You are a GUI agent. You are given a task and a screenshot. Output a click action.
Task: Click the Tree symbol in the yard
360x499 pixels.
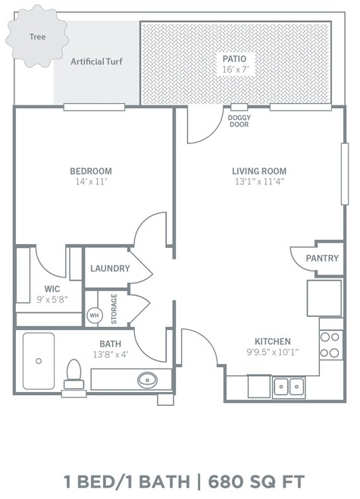[x=37, y=36]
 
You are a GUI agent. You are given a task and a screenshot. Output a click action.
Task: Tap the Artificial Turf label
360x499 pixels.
[x=96, y=61]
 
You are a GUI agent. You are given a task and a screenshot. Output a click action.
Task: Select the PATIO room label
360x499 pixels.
[x=234, y=59]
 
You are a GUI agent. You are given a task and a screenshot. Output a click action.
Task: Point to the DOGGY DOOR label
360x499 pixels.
[x=239, y=121]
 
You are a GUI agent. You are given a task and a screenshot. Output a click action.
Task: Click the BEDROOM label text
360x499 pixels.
[x=91, y=171]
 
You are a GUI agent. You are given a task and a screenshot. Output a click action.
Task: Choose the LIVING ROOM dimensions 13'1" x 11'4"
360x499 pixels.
[x=259, y=182]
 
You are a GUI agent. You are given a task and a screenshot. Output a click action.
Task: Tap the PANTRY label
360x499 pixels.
[x=322, y=258]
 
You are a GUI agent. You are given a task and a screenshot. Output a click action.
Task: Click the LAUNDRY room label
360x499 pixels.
[x=110, y=268]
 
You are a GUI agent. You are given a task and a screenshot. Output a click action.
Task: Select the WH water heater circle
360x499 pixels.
[x=95, y=315]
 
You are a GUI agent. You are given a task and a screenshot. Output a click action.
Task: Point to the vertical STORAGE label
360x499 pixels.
[x=114, y=309]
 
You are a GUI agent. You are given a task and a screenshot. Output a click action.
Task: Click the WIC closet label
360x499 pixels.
[x=52, y=289]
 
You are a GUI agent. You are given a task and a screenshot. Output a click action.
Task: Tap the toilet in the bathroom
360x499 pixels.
[x=74, y=374]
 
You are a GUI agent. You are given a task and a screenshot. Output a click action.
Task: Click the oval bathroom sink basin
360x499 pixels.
[x=147, y=380]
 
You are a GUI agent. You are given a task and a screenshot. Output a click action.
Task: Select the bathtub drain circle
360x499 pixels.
[x=39, y=361]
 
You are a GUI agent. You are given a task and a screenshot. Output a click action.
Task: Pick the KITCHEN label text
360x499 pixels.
[x=273, y=341]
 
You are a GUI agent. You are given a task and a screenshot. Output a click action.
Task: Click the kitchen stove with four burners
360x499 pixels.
[x=331, y=344]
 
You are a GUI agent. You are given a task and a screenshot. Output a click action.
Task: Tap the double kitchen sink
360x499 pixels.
[x=289, y=387]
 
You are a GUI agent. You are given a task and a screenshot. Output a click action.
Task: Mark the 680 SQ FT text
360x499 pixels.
[x=256, y=482]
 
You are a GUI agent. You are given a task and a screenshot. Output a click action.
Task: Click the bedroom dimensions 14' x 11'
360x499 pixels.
[x=91, y=182]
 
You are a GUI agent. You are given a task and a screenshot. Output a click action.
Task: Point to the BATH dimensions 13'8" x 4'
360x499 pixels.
[x=111, y=354]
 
